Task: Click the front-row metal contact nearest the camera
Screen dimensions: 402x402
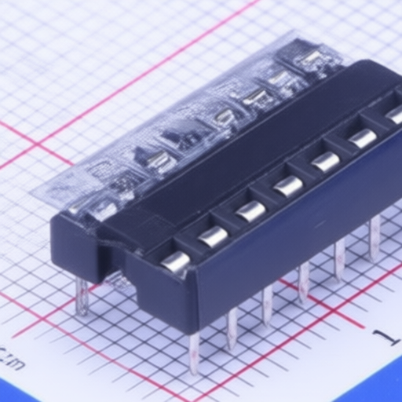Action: (x=177, y=261)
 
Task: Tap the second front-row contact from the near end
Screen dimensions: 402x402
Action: (x=214, y=235)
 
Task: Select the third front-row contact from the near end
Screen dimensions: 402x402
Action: (x=251, y=210)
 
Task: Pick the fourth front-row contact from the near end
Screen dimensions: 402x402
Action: (x=288, y=185)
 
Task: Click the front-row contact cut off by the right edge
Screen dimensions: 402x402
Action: (x=394, y=115)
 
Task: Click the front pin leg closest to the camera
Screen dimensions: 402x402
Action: (x=194, y=351)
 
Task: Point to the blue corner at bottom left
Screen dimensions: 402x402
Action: (x=16, y=393)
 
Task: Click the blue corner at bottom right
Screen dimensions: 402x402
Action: (x=385, y=389)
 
